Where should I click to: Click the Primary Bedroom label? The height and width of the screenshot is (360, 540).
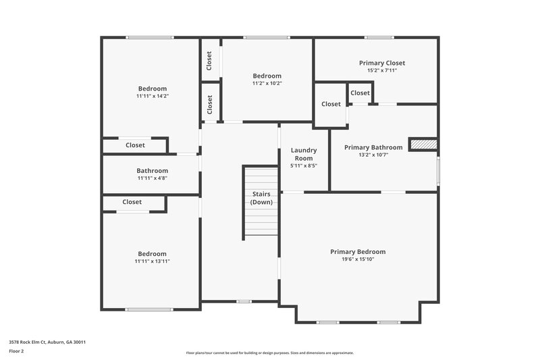pyautogui.click(x=358, y=252)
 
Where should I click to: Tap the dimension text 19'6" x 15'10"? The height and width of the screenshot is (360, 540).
pyautogui.click(x=358, y=260)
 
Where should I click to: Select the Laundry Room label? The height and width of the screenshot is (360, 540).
pyautogui.click(x=304, y=154)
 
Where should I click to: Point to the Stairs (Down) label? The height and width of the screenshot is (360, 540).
pyautogui.click(x=261, y=198)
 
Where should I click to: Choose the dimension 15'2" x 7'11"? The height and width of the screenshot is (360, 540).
pyautogui.click(x=381, y=70)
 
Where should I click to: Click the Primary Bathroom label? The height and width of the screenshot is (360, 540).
pyautogui.click(x=373, y=147)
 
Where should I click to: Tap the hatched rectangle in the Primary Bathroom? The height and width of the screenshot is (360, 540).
pyautogui.click(x=424, y=144)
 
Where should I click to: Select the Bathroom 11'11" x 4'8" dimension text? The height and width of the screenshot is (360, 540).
pyautogui.click(x=152, y=178)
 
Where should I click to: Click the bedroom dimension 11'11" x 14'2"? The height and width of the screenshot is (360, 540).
pyautogui.click(x=152, y=96)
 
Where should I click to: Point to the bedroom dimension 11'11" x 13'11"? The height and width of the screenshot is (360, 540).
pyautogui.click(x=152, y=261)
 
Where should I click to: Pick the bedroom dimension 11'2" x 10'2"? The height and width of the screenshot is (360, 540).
pyautogui.click(x=267, y=84)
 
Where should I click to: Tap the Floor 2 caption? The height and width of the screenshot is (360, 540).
pyautogui.click(x=16, y=351)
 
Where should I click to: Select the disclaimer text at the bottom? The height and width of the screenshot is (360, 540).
pyautogui.click(x=269, y=353)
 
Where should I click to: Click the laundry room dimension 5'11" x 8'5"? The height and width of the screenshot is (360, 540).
pyautogui.click(x=304, y=165)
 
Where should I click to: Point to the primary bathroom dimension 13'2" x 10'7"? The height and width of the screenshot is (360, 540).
pyautogui.click(x=373, y=155)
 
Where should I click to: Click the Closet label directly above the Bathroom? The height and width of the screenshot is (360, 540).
pyautogui.click(x=135, y=145)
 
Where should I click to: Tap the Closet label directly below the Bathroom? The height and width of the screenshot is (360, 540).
pyautogui.click(x=132, y=202)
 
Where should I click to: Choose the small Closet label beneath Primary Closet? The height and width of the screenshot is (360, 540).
pyautogui.click(x=360, y=93)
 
